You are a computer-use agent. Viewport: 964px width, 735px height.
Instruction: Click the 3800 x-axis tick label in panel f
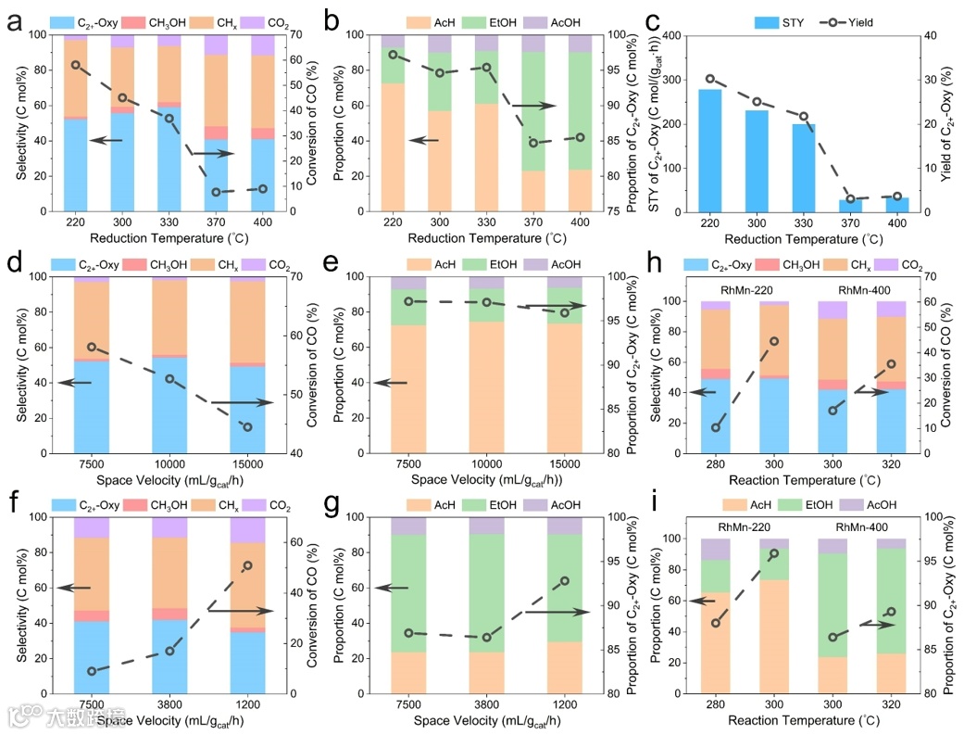169,706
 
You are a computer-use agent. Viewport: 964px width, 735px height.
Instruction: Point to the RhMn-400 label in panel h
844,291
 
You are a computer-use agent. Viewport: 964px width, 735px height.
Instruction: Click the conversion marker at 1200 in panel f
247,565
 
